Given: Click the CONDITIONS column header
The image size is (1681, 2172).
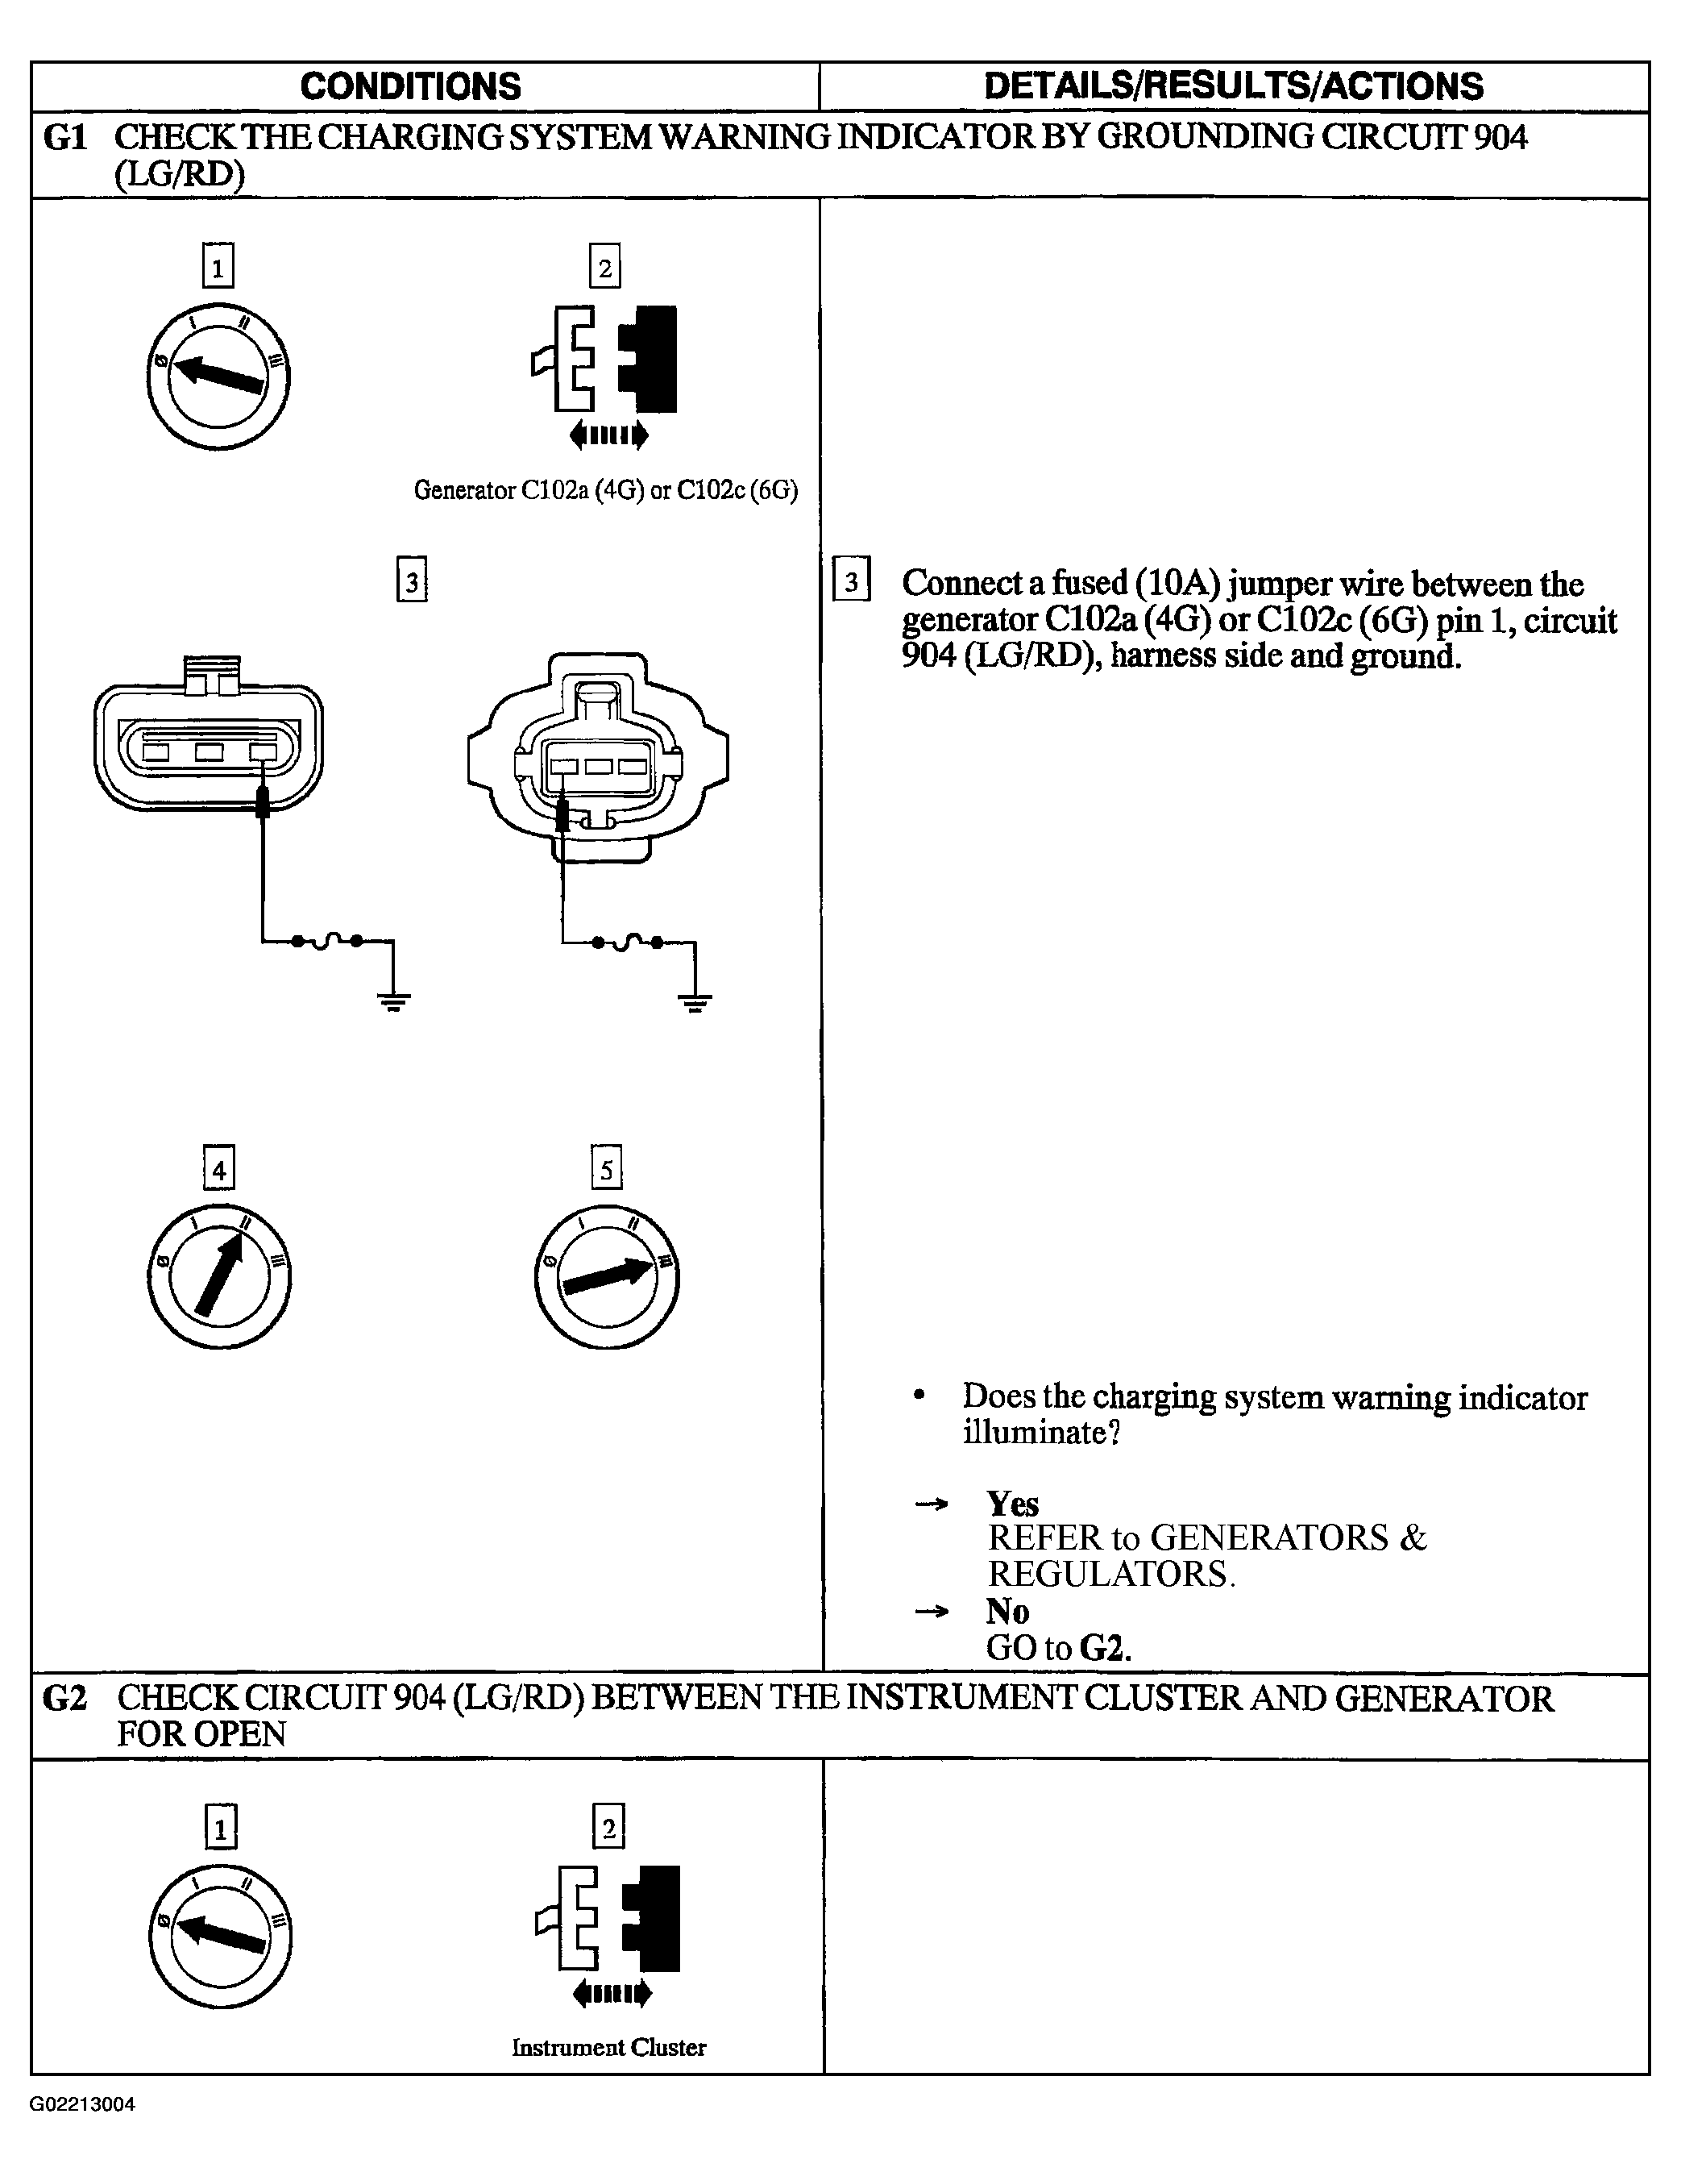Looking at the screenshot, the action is (410, 86).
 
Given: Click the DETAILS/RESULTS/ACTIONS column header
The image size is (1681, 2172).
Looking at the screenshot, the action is (1234, 86).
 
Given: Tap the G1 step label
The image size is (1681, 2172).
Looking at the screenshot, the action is (65, 137).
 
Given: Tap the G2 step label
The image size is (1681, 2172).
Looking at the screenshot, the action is (65, 1699).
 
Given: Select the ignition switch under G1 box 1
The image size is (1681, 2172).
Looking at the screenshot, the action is (218, 377).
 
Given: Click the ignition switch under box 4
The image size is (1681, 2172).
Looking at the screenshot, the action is (218, 1277).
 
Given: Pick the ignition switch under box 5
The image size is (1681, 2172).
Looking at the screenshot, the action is (606, 1277).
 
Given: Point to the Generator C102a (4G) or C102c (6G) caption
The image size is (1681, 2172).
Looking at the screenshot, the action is (605, 490).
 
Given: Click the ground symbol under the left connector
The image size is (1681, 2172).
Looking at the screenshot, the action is (394, 1001).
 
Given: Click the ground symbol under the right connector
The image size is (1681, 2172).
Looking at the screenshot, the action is (695, 1001).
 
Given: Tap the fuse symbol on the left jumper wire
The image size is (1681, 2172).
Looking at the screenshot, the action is (327, 941).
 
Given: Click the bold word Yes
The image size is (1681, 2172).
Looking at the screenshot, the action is (1012, 1503).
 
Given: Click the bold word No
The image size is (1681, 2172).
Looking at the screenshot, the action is (1007, 1610).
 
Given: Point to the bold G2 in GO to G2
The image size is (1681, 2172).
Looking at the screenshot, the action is (1106, 1648).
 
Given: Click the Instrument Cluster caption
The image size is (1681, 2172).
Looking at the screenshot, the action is (608, 2048).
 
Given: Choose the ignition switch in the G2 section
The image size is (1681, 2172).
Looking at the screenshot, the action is (221, 1937).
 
